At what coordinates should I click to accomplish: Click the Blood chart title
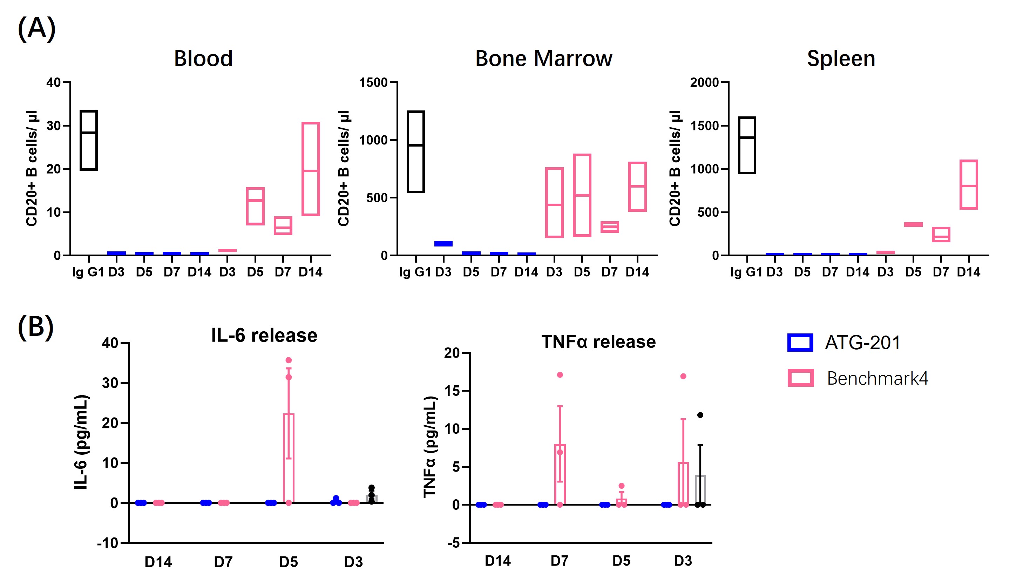tap(203, 59)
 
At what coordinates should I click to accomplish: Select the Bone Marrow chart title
tap(543, 59)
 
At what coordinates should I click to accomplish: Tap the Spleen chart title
tap(841, 59)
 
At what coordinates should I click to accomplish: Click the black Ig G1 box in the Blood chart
tap(88, 140)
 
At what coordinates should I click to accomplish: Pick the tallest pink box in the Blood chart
tap(311, 169)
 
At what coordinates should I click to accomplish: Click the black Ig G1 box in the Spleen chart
tap(746, 145)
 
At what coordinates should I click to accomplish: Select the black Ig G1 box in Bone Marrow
tap(415, 151)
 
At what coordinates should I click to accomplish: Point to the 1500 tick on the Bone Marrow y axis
tap(373, 83)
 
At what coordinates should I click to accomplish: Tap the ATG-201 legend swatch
tap(800, 343)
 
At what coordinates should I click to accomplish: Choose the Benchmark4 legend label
tap(877, 378)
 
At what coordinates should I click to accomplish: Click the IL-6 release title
tap(264, 335)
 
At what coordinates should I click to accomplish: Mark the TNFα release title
tap(598, 342)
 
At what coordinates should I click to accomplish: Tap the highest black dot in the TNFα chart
tap(700, 415)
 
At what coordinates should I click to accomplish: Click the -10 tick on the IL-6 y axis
tap(108, 543)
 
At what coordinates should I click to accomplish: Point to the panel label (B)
tap(36, 327)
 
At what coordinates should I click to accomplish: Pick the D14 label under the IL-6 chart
tap(158, 562)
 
